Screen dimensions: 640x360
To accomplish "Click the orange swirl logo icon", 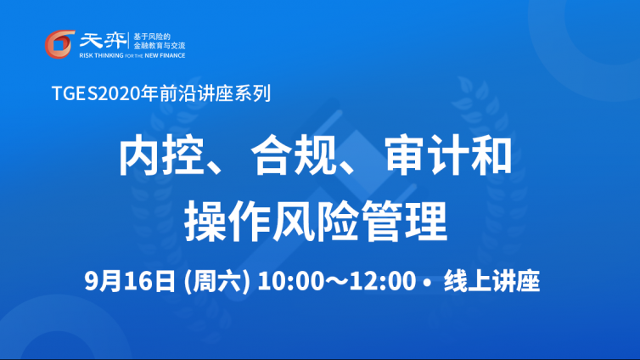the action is click(59, 44).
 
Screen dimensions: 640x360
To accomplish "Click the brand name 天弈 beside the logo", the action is click(103, 40).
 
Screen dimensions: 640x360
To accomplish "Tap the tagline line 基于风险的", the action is click(152, 37).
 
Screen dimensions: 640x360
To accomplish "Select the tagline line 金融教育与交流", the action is click(160, 46).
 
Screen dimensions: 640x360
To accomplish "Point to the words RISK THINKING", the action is click(101, 55).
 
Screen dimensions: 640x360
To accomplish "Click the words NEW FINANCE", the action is click(165, 55).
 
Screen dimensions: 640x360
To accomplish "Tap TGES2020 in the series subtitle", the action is click(96, 93).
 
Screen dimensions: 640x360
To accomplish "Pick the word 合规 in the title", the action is click(294, 156).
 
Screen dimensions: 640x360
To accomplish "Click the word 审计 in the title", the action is click(426, 156).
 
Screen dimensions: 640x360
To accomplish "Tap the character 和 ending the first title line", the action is click(491, 156).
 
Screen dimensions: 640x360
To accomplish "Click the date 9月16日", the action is click(130, 281).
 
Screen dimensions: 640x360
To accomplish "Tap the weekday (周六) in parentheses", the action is click(216, 281).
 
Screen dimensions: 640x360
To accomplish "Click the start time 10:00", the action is click(290, 281).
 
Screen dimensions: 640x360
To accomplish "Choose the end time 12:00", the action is click(383, 281).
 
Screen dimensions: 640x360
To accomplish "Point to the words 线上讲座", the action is click(491, 281).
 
